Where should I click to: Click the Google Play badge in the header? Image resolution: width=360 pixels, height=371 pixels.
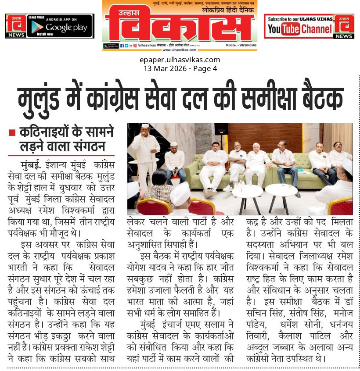point(60,26)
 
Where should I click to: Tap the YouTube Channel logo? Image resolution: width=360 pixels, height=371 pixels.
point(299,29)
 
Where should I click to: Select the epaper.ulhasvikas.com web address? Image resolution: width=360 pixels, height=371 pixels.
point(180,60)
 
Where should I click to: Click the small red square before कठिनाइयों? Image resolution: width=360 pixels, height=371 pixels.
point(12,132)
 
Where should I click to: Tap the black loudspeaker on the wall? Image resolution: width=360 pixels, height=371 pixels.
point(221,128)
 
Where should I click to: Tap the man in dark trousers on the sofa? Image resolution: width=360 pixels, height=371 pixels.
point(286,164)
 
